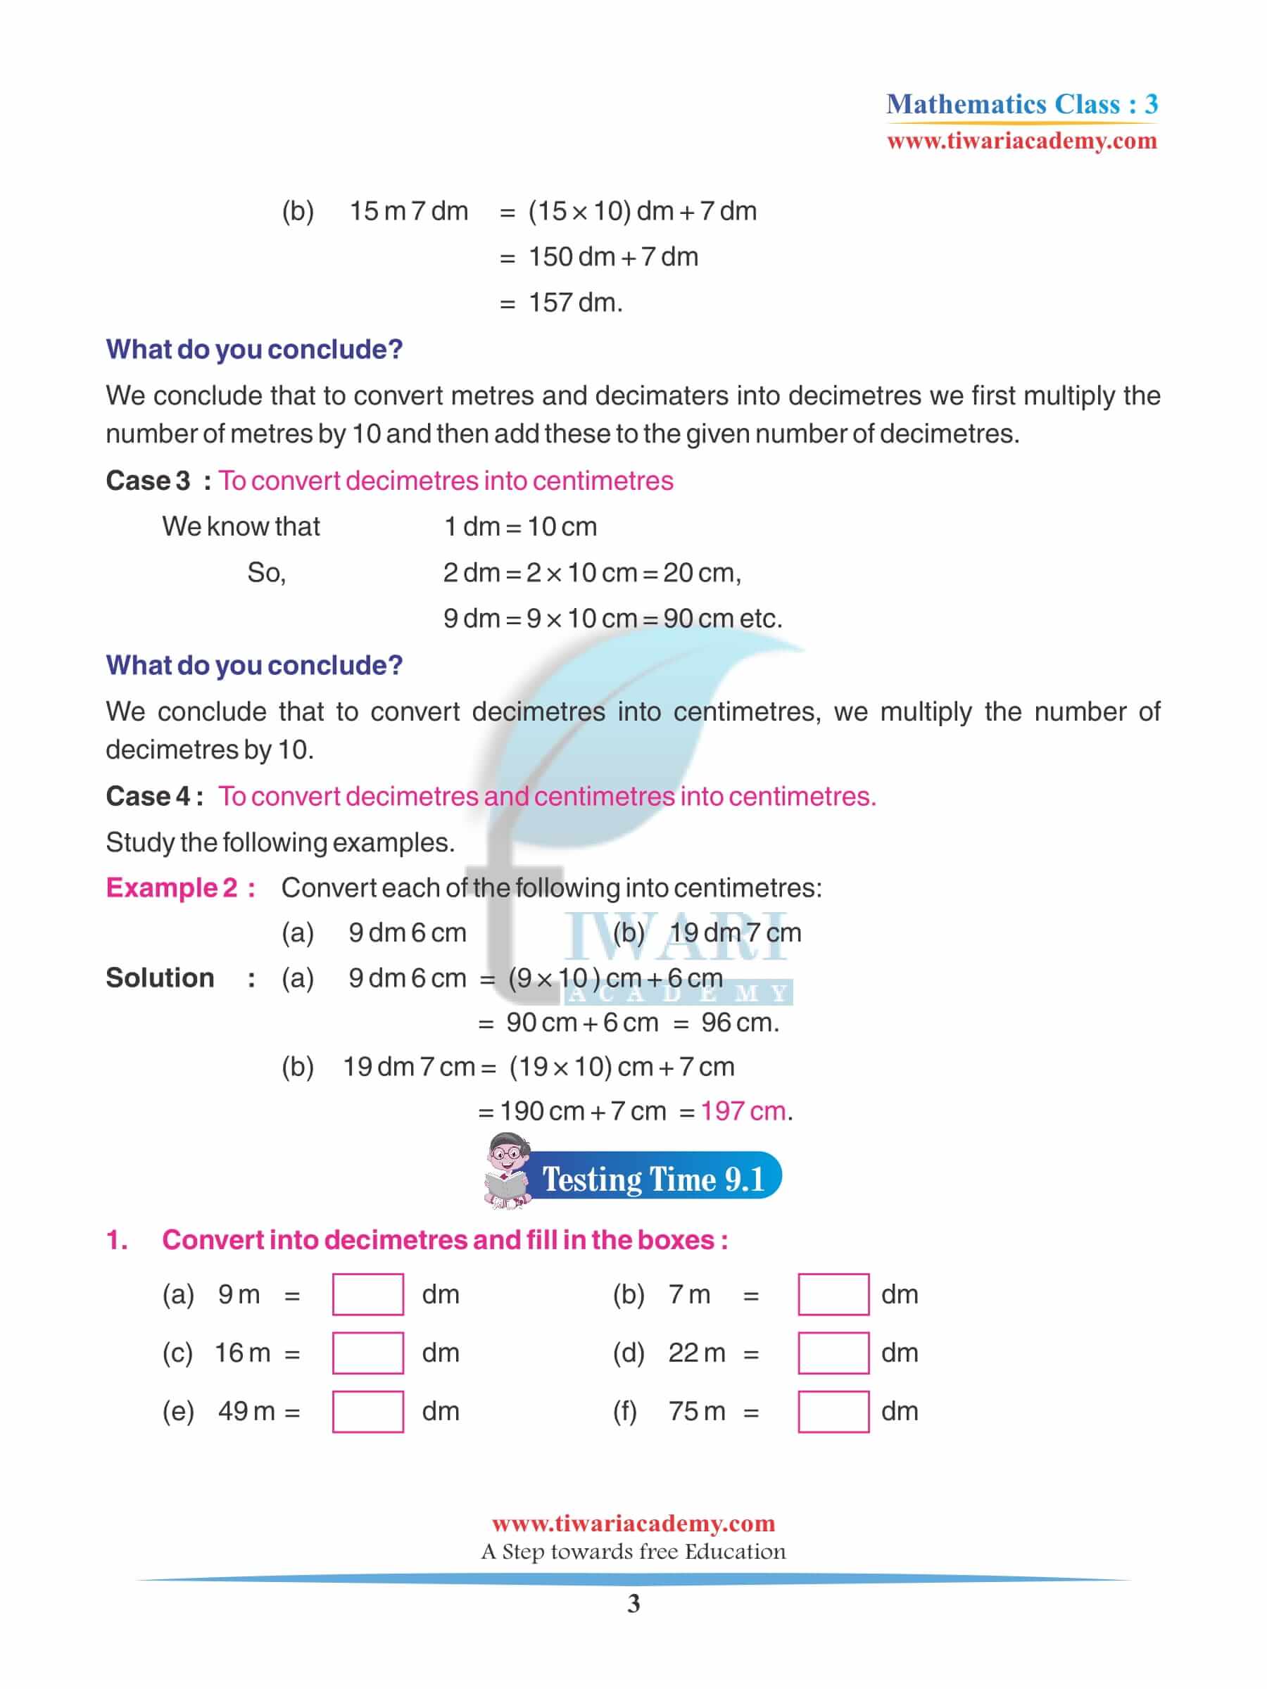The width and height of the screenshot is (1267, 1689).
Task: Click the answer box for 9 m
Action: pos(367,1294)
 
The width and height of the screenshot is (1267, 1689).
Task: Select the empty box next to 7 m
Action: pos(833,1294)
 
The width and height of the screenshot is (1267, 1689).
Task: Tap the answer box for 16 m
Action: pos(367,1353)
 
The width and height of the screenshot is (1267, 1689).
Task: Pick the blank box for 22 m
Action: pos(833,1353)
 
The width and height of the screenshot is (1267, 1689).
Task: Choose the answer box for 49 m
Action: pos(367,1411)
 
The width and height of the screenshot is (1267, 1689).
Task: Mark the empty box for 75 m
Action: pos(833,1411)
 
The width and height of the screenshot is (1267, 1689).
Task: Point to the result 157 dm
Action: pos(575,303)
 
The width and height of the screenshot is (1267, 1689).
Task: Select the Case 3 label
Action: pos(148,481)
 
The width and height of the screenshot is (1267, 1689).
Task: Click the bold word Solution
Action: pos(160,978)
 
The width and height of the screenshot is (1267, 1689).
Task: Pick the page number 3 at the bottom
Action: pos(633,1605)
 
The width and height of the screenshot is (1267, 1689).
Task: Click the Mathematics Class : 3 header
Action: pos(1022,104)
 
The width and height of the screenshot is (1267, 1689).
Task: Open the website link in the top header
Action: pos(1022,141)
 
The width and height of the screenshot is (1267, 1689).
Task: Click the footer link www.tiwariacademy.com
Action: pos(633,1524)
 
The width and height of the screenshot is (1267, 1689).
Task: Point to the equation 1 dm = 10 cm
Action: pos(520,527)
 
